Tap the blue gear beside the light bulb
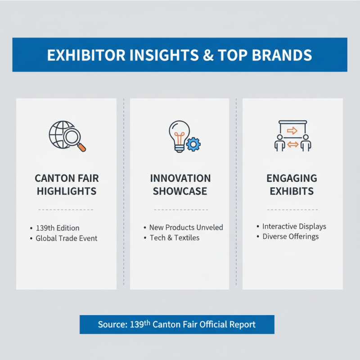click(x=193, y=144)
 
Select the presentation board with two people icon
click(x=292, y=135)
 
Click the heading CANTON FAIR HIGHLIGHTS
click(x=67, y=184)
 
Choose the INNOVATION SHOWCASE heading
click(x=180, y=184)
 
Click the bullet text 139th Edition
click(x=58, y=228)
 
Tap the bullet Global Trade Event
click(x=67, y=238)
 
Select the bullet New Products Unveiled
click(x=186, y=227)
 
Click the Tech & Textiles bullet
click(x=175, y=238)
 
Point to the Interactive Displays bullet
click(x=294, y=226)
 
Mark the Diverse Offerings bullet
click(x=291, y=236)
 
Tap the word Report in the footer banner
click(x=242, y=324)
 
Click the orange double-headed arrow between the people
click(x=292, y=144)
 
